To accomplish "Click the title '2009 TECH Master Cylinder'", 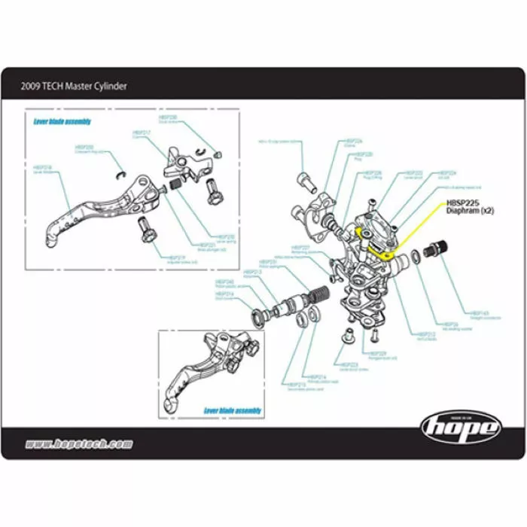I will click(x=74, y=86).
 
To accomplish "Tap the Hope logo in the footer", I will click(x=460, y=427).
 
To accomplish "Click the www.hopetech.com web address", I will click(x=79, y=444).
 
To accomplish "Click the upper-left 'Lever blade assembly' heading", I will click(x=62, y=120).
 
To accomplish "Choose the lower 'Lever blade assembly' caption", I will click(x=233, y=410).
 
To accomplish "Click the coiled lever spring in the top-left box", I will click(x=173, y=184).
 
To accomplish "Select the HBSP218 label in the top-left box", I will click(x=44, y=167).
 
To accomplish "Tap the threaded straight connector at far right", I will click(x=437, y=248).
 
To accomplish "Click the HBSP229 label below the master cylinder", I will click(x=378, y=353).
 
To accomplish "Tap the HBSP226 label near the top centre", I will click(x=354, y=141).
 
